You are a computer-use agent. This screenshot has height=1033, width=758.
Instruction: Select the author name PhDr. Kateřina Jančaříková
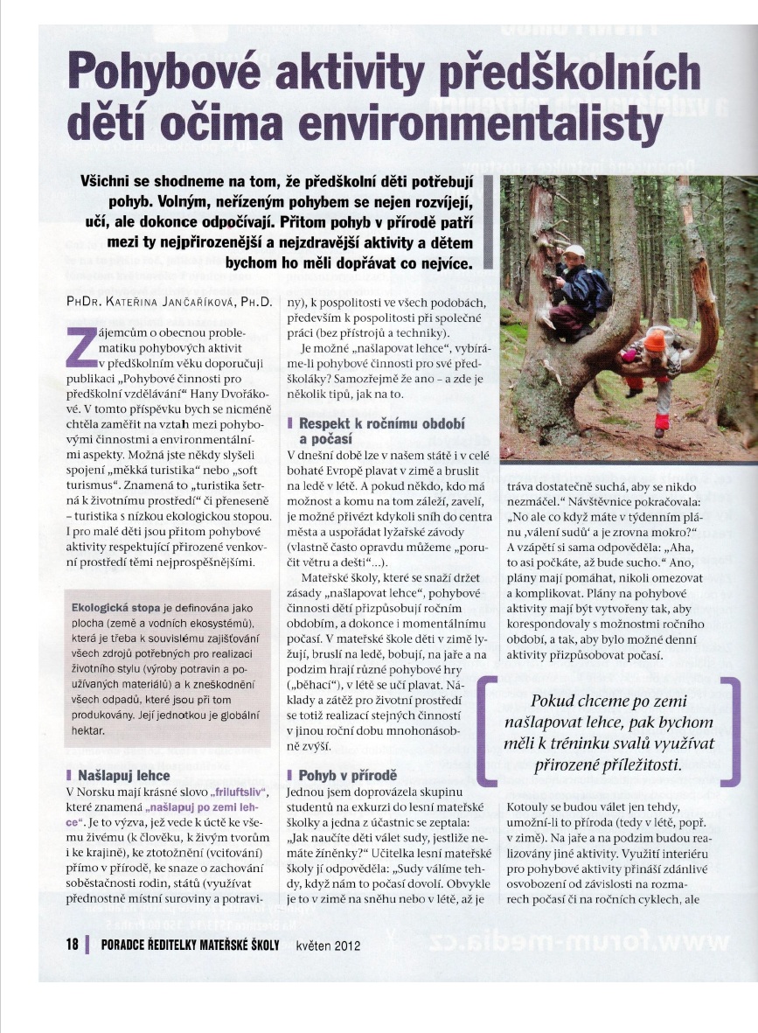coord(171,302)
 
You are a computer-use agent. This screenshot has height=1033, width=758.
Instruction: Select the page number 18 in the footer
coord(72,944)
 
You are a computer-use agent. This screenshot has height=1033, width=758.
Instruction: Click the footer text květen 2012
coord(328,945)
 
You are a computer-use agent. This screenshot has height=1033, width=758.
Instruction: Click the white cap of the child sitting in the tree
coord(574,252)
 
